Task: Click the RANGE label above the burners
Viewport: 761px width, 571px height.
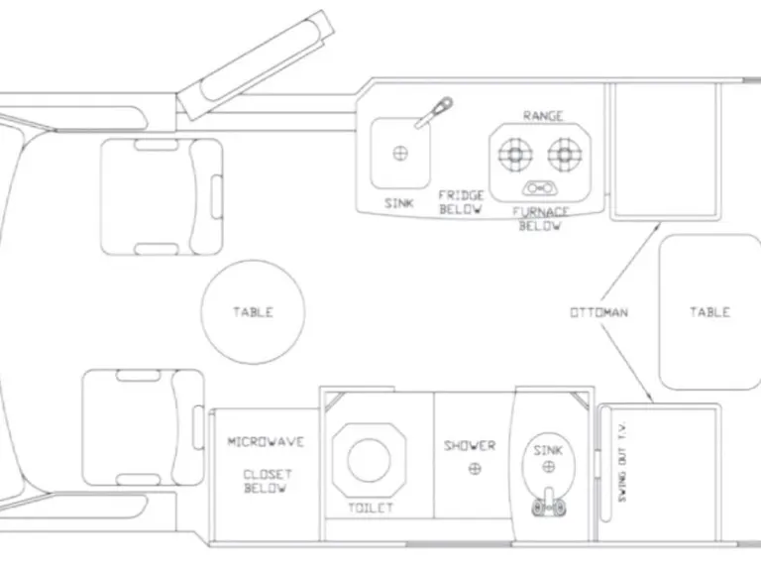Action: pyautogui.click(x=543, y=116)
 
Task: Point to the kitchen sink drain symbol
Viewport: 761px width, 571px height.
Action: pyautogui.click(x=401, y=154)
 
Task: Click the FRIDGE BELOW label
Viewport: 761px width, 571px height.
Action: pyautogui.click(x=461, y=202)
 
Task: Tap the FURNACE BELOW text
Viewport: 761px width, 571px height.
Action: pyautogui.click(x=541, y=218)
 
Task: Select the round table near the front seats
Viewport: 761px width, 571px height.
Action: pyautogui.click(x=252, y=311)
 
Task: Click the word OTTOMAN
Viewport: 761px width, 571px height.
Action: pyautogui.click(x=598, y=312)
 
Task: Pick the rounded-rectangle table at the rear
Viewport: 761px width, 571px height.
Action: pyautogui.click(x=709, y=311)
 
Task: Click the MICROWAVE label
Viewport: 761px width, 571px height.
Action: pyautogui.click(x=266, y=442)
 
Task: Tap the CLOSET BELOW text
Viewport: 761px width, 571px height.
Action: pyautogui.click(x=266, y=481)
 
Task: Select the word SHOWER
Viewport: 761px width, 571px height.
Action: pyautogui.click(x=469, y=446)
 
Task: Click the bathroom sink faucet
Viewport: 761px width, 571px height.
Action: pyautogui.click(x=548, y=505)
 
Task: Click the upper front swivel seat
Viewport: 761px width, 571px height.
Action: pyautogui.click(x=163, y=196)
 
